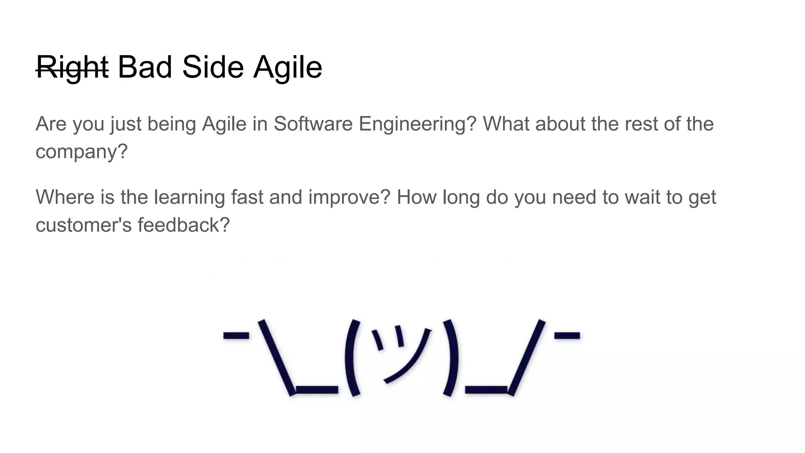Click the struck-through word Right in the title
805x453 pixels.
[72, 68]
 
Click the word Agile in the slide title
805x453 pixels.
[287, 68]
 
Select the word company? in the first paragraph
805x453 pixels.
[82, 152]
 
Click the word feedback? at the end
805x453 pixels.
[183, 225]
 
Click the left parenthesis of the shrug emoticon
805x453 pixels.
[352, 358]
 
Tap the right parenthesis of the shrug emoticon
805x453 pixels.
[451, 358]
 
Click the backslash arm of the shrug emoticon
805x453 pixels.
[276, 357]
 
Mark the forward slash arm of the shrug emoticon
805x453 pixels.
[527, 357]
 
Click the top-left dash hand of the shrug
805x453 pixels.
[236, 335]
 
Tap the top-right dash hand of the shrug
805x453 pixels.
[567, 335]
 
